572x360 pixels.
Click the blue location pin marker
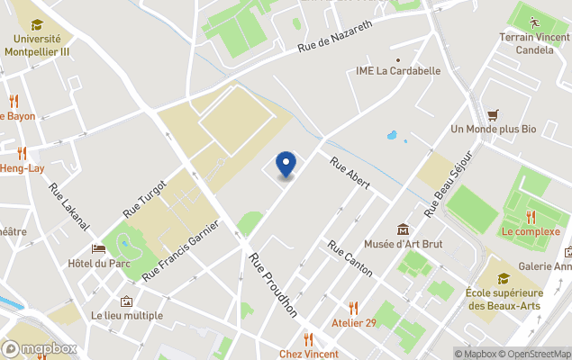click(x=286, y=164)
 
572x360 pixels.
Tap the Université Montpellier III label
click(x=37, y=45)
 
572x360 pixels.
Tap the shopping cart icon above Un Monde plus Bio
click(x=493, y=114)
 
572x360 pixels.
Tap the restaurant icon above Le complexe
click(x=531, y=216)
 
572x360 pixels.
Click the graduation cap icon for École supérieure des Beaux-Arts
click(x=504, y=278)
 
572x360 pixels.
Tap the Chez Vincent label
click(x=309, y=354)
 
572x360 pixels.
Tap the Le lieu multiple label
click(x=127, y=315)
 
